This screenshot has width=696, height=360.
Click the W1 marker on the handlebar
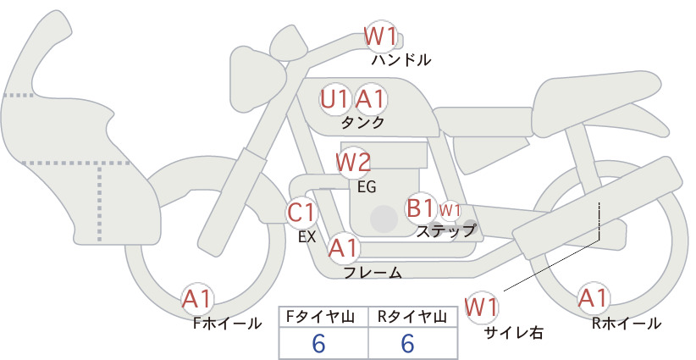coord(380,36)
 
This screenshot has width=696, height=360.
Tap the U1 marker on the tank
coord(334,100)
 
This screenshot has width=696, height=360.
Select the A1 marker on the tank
coord(370,100)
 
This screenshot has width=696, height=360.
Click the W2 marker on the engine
coord(353,163)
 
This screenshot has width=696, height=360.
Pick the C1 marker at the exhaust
coord(301,212)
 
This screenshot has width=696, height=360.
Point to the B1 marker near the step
coord(420,208)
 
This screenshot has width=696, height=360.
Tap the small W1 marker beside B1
coord(450,210)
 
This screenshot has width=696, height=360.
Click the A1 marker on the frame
coord(343,248)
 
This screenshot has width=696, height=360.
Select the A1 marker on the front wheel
coord(197,299)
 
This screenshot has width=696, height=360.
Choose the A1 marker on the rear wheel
coord(593,298)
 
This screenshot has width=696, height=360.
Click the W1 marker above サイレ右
coord(482,307)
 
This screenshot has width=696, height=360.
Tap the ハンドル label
coord(400,60)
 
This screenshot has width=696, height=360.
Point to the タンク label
coord(362,123)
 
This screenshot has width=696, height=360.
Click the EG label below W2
coord(367,187)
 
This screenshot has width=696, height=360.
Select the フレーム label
coord(373,273)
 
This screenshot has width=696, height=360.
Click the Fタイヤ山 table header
coord(320,317)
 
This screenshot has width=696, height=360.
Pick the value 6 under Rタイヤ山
coord(407,344)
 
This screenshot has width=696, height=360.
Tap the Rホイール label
coord(627,324)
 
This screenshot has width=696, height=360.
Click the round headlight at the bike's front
coord(257,80)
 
